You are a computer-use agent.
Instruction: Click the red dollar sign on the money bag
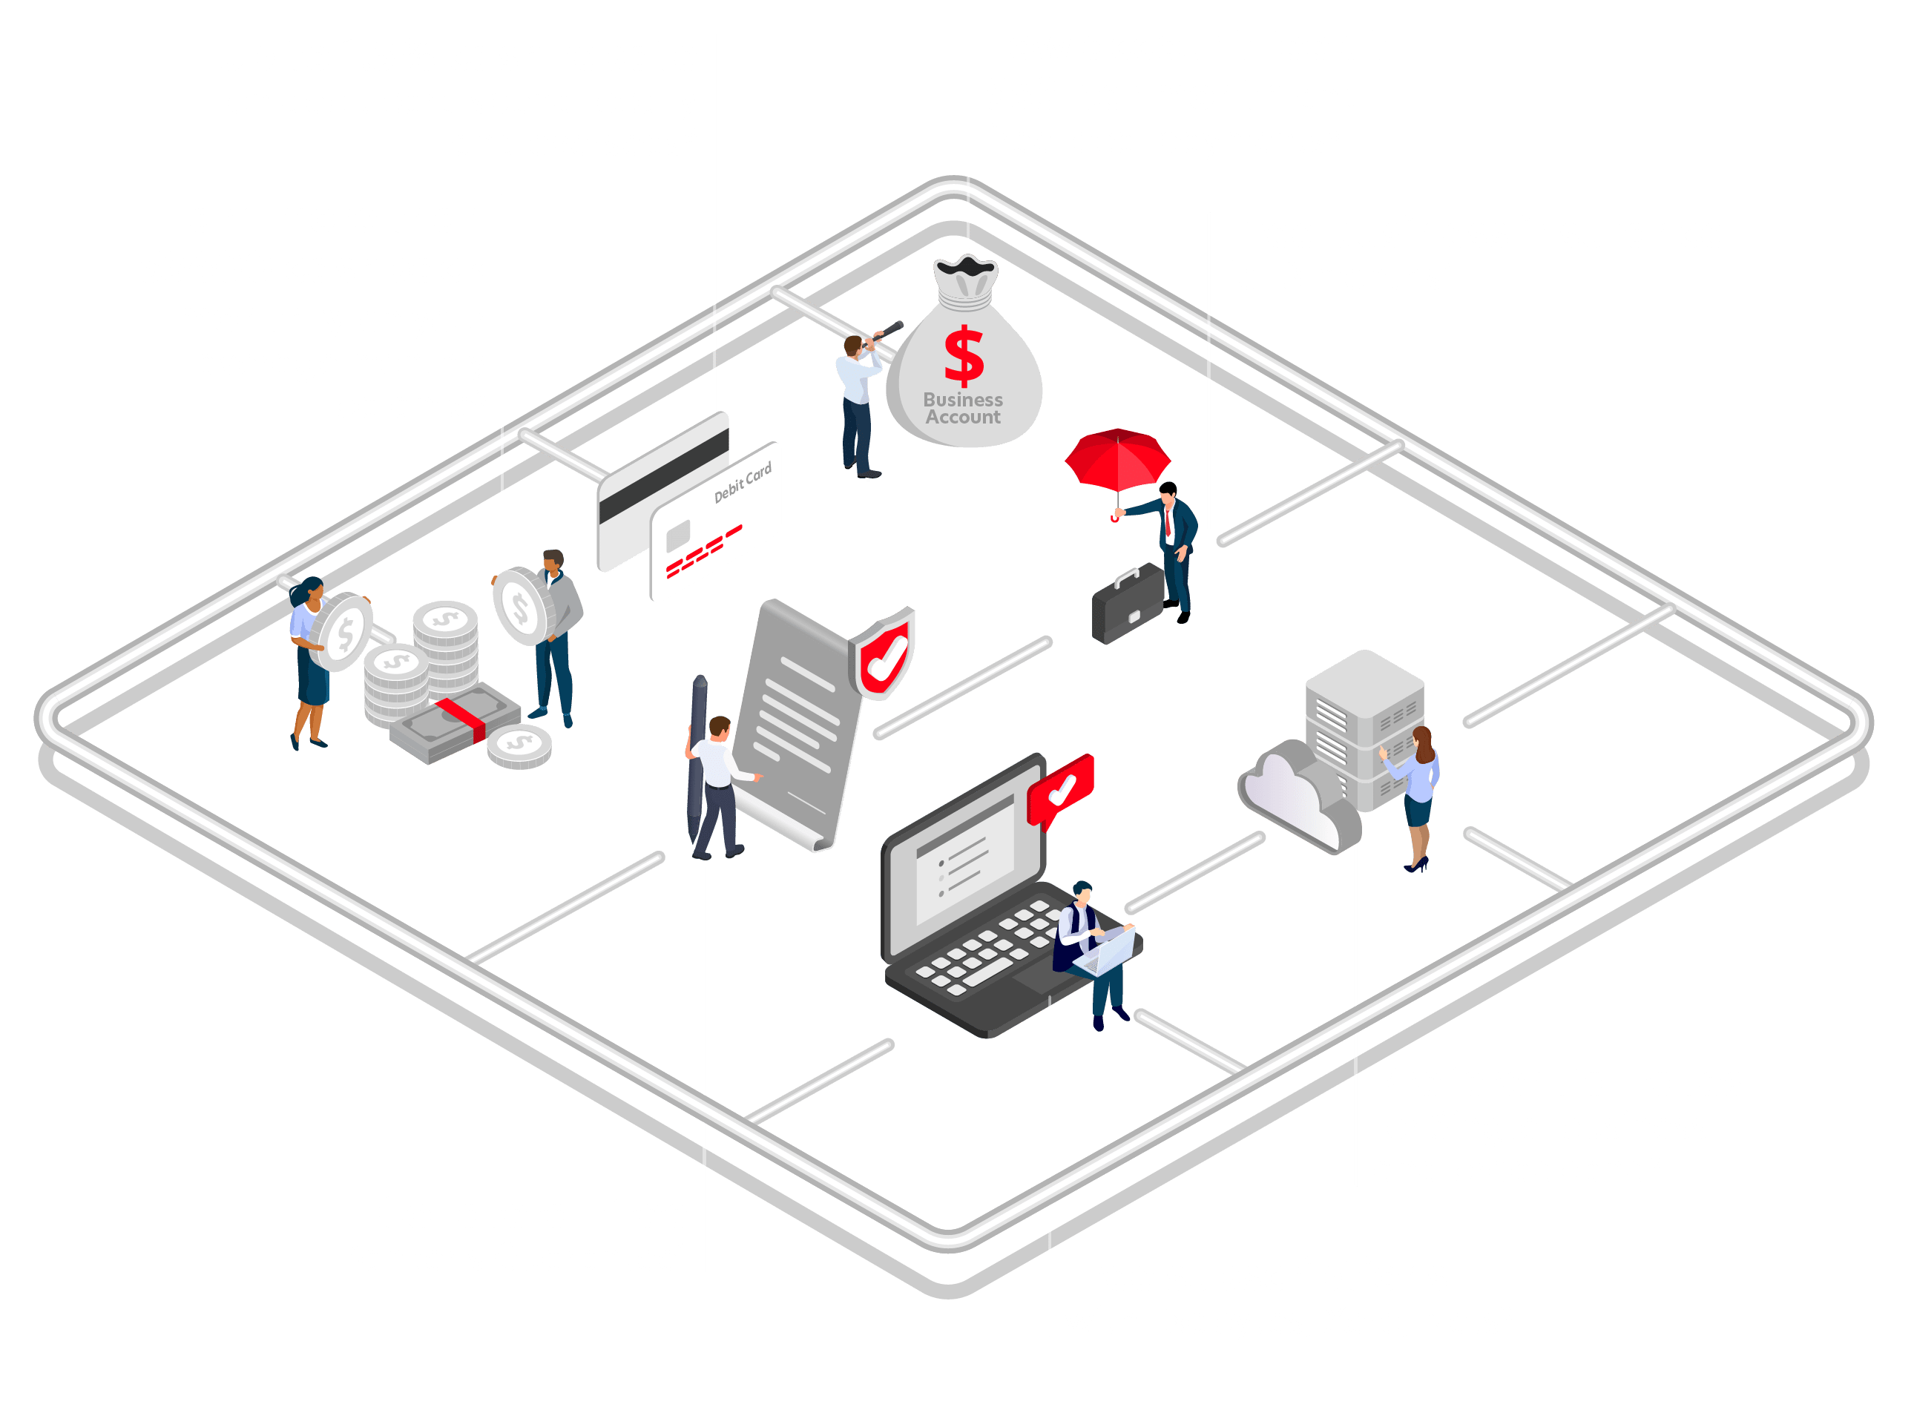point(964,356)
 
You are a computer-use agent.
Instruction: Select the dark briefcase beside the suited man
point(1128,605)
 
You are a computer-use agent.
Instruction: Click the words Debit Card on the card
point(743,482)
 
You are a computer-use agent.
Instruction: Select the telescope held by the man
point(884,332)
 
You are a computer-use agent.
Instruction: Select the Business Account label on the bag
point(963,409)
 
